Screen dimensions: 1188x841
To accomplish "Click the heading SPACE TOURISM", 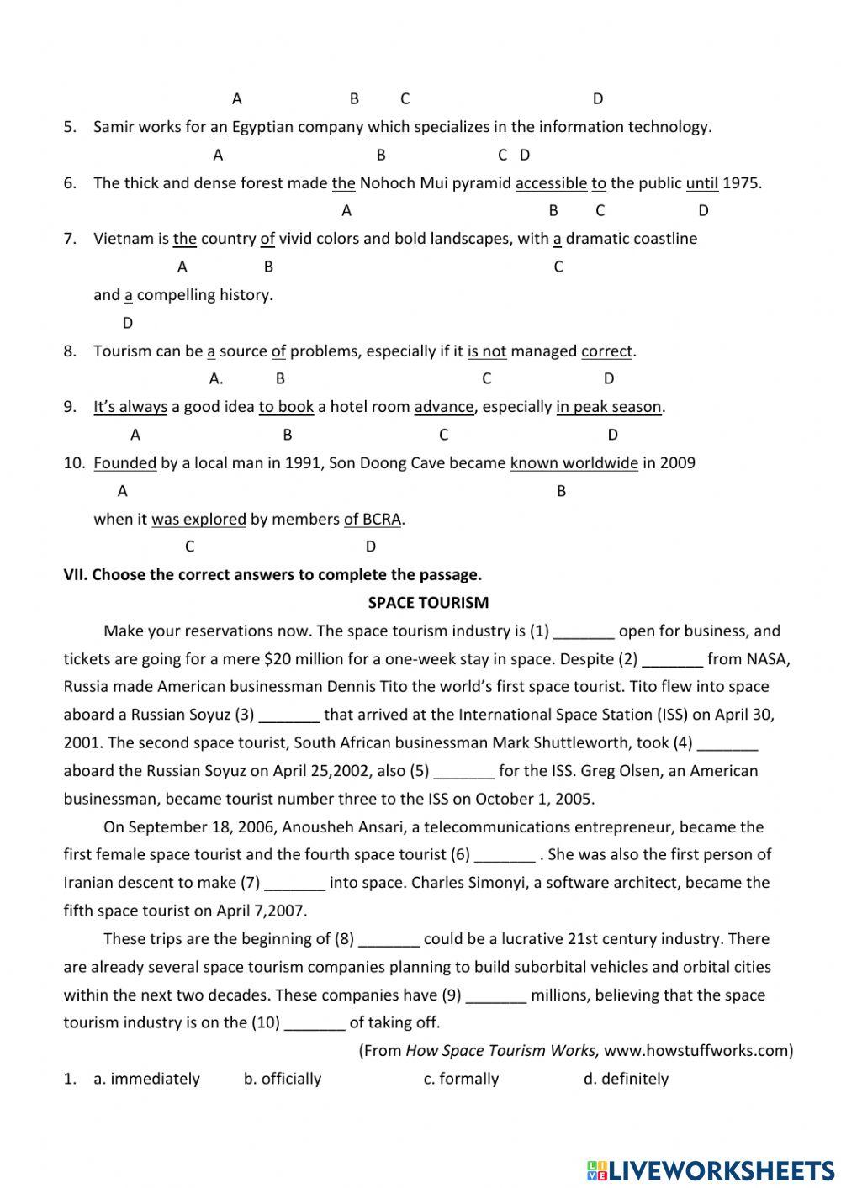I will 428,603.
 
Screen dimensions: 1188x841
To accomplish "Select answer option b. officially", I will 283,1079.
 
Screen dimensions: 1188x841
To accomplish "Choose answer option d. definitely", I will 626,1079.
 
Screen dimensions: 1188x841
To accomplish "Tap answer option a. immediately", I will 146,1079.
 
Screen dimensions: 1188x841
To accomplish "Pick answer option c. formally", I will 461,1079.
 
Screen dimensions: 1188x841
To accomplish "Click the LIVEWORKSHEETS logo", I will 710,1170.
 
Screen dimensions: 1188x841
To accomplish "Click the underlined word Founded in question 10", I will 124,463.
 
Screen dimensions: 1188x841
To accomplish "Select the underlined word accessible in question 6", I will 551,183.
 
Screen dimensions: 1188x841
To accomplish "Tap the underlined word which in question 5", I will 389,127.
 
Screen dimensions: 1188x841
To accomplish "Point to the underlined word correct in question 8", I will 606,351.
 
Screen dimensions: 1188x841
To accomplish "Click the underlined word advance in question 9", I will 444,407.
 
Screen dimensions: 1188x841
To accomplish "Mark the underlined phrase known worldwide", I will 574,463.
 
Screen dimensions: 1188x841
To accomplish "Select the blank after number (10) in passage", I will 315,1024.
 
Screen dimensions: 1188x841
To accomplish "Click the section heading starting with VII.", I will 272,575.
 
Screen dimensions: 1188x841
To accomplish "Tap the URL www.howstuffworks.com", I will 697,1050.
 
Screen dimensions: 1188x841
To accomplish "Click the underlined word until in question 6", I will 702,183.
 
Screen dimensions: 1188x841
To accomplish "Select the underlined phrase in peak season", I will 609,407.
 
